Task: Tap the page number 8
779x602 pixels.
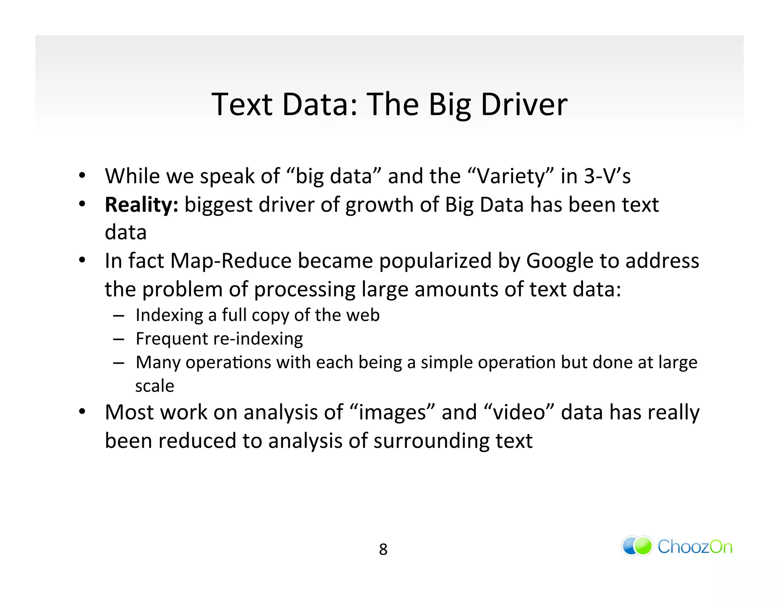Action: point(383,549)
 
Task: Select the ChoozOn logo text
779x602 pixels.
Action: point(695,547)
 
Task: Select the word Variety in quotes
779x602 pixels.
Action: point(511,177)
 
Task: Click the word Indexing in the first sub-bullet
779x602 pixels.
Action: point(169,315)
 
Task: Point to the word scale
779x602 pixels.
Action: point(154,386)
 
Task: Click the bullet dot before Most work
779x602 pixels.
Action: point(82,412)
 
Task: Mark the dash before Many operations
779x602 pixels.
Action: point(119,363)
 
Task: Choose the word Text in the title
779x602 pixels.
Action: point(242,104)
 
